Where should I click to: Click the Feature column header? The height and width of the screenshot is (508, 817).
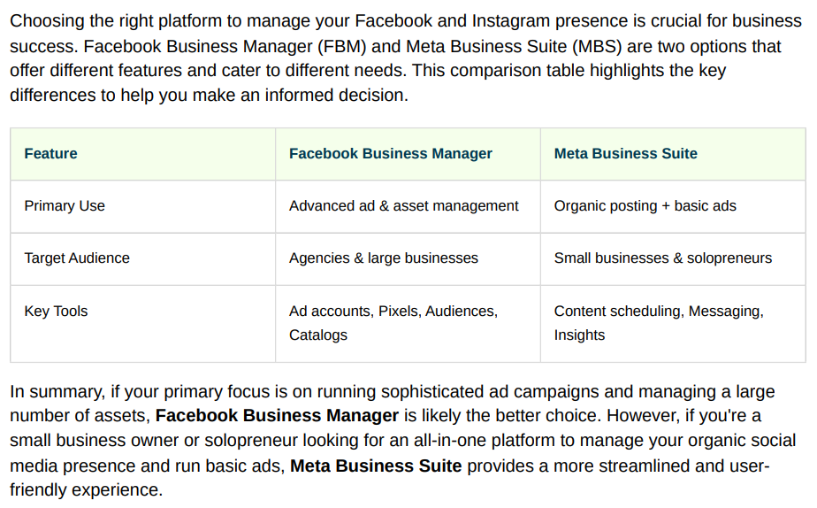(x=50, y=153)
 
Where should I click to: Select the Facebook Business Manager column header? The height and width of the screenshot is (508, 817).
(x=390, y=153)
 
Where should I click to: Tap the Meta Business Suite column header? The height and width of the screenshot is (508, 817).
(x=625, y=153)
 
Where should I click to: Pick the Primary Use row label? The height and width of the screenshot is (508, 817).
(x=65, y=206)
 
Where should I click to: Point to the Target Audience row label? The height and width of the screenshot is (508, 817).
(x=77, y=258)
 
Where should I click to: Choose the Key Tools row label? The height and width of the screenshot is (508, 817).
(x=56, y=311)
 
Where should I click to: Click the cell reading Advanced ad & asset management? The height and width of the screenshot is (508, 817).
(x=404, y=206)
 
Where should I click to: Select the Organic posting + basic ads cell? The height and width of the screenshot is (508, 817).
(x=645, y=206)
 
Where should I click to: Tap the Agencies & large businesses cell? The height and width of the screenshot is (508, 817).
(x=384, y=258)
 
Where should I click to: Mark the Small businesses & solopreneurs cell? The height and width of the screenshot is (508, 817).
(x=663, y=258)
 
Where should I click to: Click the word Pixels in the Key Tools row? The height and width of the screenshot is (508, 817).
(x=399, y=311)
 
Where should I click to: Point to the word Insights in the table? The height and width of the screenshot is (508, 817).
(x=579, y=335)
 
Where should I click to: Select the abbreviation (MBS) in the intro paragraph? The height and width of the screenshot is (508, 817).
(x=597, y=46)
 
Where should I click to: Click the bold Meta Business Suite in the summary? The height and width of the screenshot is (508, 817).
(x=376, y=466)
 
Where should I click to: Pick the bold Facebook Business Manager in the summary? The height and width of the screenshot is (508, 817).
(x=277, y=416)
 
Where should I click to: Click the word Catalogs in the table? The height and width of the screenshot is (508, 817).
(x=317, y=335)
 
